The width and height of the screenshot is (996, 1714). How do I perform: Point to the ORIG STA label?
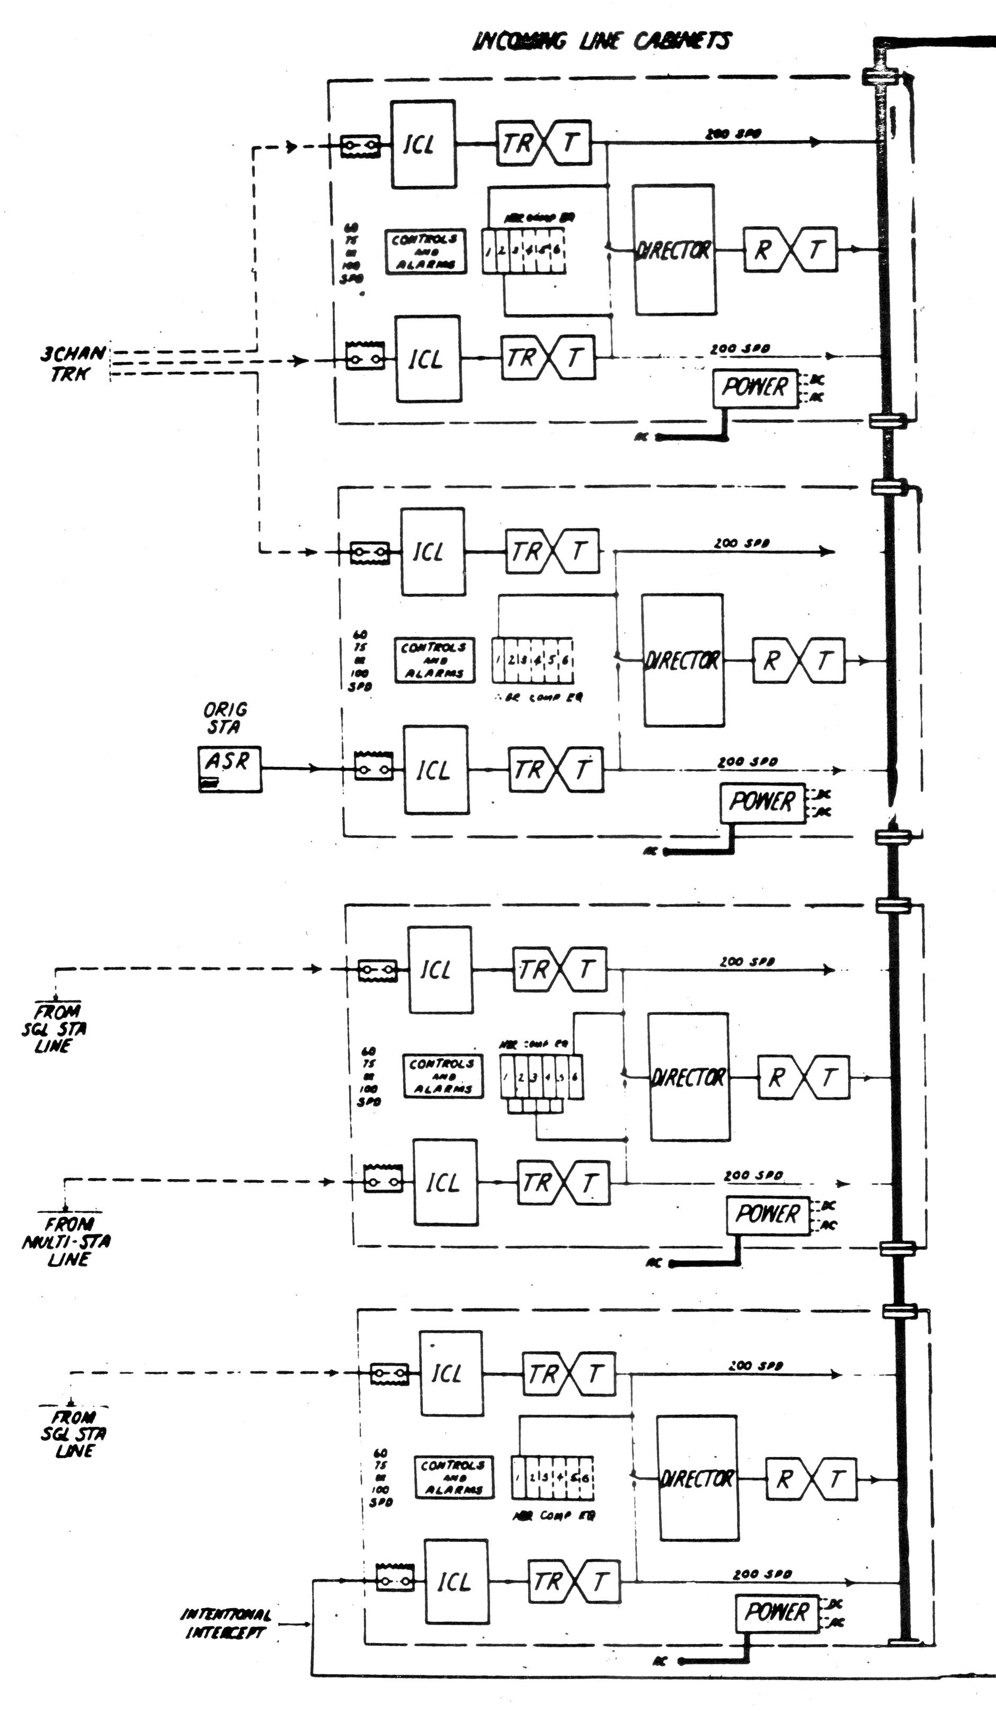pyautogui.click(x=225, y=718)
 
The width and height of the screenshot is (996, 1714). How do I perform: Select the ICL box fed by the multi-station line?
pyautogui.click(x=445, y=1182)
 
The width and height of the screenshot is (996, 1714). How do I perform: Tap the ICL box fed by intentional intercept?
pyautogui.click(x=456, y=1582)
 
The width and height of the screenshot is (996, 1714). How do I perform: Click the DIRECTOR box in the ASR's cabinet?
pyautogui.click(x=682, y=660)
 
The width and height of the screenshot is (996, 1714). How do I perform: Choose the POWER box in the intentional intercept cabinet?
pyautogui.click(x=776, y=1612)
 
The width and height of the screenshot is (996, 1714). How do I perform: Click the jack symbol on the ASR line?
pyautogui.click(x=374, y=769)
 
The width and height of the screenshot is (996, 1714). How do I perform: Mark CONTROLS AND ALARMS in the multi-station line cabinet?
pyautogui.click(x=442, y=1076)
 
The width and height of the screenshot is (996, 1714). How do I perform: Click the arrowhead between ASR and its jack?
pyautogui.click(x=313, y=769)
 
